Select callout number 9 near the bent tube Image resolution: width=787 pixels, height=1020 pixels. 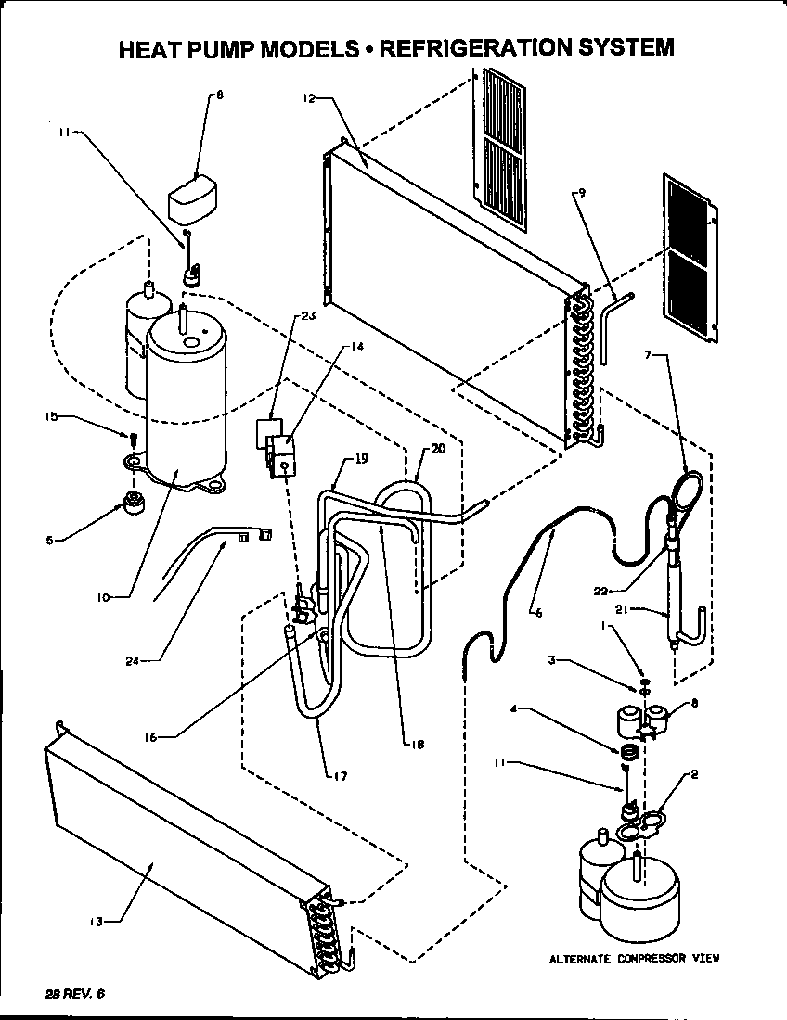click(x=582, y=192)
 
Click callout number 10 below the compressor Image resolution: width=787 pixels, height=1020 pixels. click(x=102, y=597)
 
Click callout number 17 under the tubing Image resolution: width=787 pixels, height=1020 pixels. click(x=341, y=775)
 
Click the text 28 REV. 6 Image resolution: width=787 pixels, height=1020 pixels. click(x=75, y=993)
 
